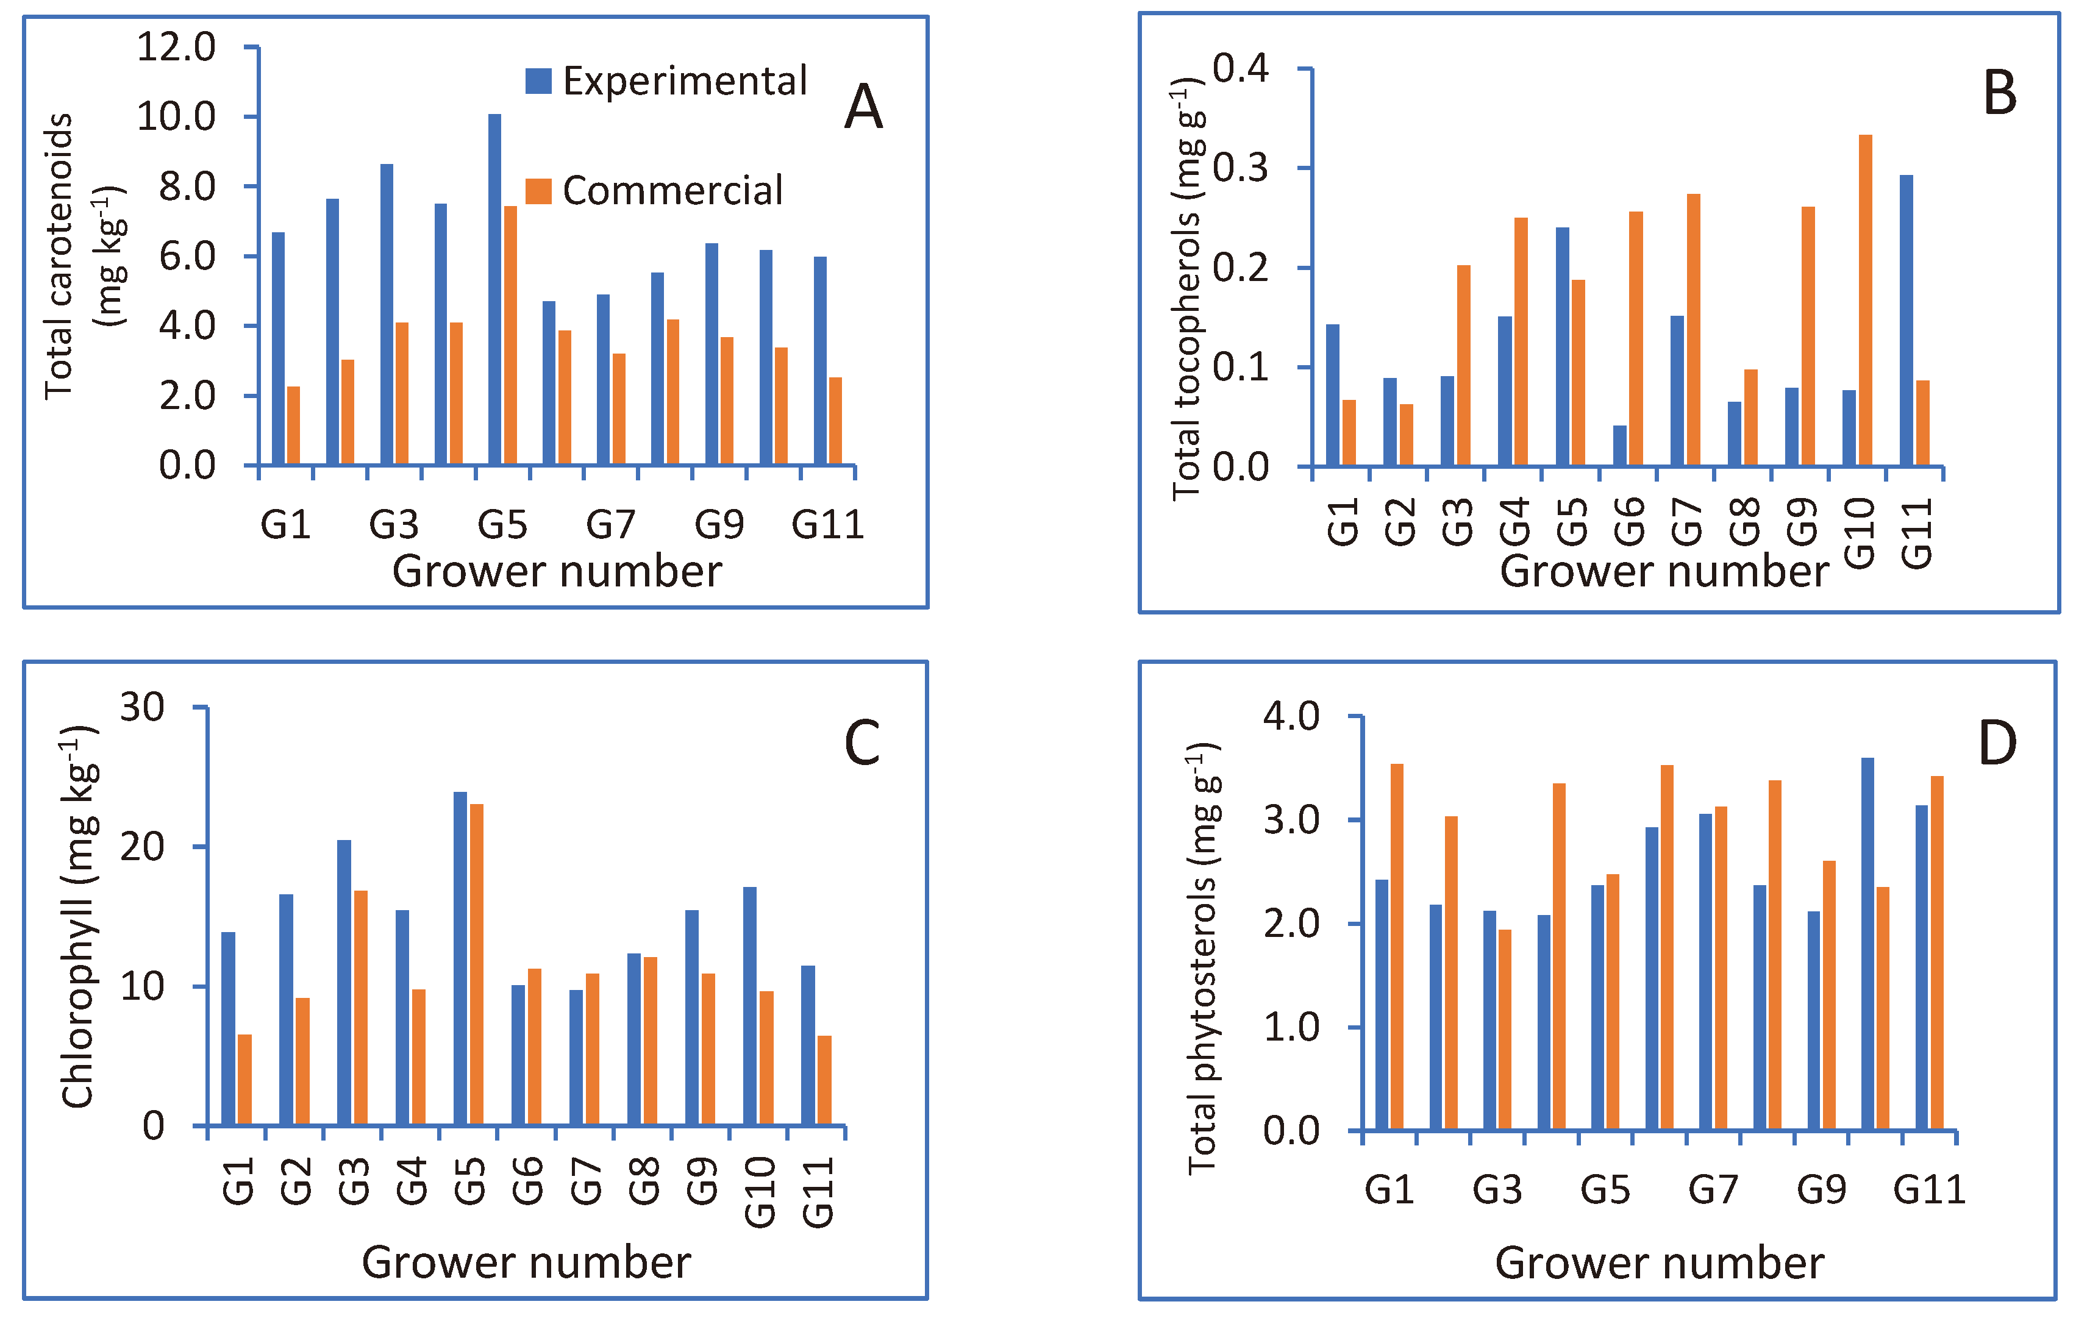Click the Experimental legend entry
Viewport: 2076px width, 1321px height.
coord(666,81)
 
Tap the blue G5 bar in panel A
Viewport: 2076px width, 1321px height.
coord(494,289)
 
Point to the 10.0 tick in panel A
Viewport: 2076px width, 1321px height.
coord(177,116)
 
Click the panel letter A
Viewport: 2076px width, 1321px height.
coord(863,108)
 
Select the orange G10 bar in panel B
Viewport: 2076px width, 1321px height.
coord(1865,300)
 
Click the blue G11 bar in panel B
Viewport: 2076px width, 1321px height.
coord(1905,320)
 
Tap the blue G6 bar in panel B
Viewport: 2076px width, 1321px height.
coord(1619,445)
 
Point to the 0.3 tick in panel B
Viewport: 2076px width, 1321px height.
coord(1241,168)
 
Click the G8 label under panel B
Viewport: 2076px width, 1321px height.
coord(1744,522)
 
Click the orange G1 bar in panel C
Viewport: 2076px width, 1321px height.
coord(245,1080)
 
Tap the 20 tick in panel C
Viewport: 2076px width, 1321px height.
coord(142,847)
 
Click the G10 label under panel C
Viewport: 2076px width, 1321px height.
coord(760,1192)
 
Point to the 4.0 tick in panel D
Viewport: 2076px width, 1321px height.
coord(1291,716)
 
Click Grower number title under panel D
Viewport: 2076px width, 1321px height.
coord(1659,1262)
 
